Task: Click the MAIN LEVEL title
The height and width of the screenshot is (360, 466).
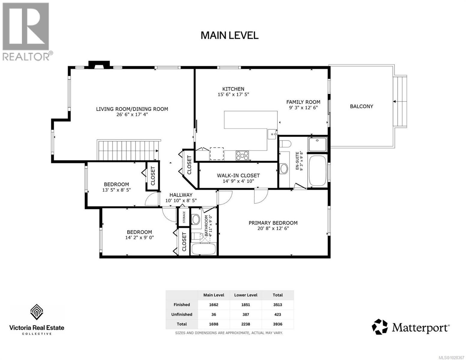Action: pyautogui.click(x=229, y=35)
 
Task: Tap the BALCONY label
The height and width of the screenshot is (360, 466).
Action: pyautogui.click(x=361, y=106)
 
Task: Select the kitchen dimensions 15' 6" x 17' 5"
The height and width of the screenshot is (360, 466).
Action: pyautogui.click(x=233, y=94)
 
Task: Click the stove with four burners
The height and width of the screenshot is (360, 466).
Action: pyautogui.click(x=242, y=155)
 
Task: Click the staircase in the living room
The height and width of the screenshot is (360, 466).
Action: pyautogui.click(x=128, y=150)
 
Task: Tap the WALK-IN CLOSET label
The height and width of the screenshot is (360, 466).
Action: pyautogui.click(x=238, y=175)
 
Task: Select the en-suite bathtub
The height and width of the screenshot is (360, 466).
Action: pyautogui.click(x=317, y=171)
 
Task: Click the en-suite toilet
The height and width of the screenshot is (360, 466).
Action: pyautogui.click(x=284, y=143)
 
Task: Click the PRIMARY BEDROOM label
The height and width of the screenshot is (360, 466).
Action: pyautogui.click(x=273, y=223)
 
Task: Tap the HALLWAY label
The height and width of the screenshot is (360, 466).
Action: pyautogui.click(x=181, y=195)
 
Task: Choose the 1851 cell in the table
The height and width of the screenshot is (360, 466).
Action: pyautogui.click(x=245, y=304)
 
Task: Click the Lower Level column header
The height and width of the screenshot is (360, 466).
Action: pyautogui.click(x=245, y=295)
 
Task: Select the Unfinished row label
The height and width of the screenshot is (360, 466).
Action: pyautogui.click(x=182, y=314)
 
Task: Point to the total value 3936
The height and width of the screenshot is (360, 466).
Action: pyautogui.click(x=277, y=324)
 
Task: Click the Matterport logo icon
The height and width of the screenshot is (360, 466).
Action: pyautogui.click(x=380, y=327)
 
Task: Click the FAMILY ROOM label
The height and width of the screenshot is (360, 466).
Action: pyautogui.click(x=303, y=102)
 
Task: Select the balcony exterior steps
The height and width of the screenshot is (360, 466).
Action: pyautogui.click(x=400, y=102)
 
